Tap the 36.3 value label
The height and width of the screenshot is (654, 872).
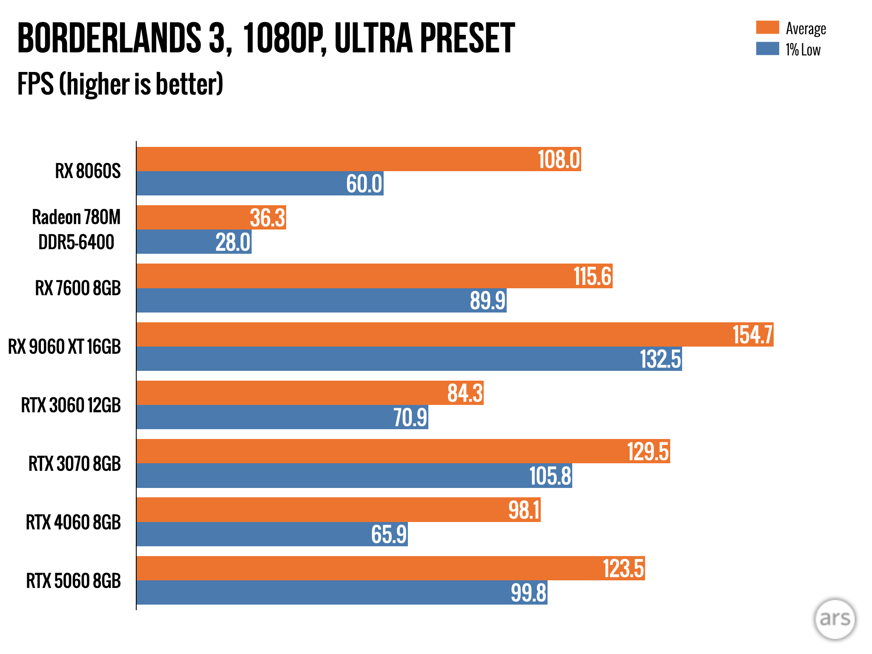point(267,218)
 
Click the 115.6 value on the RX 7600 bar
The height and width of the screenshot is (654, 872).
point(592,276)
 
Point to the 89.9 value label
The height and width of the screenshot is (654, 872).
point(488,301)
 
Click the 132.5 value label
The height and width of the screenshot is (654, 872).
point(660,359)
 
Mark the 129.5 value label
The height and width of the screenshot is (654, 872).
point(648,452)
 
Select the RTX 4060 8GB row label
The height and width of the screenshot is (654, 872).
point(73,522)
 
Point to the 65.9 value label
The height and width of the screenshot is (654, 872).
point(389,534)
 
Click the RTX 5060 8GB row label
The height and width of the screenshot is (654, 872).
point(73,581)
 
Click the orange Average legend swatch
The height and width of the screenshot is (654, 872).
point(767,27)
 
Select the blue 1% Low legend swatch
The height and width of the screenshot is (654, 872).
point(767,49)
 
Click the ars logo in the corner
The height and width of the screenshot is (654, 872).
point(835,619)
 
